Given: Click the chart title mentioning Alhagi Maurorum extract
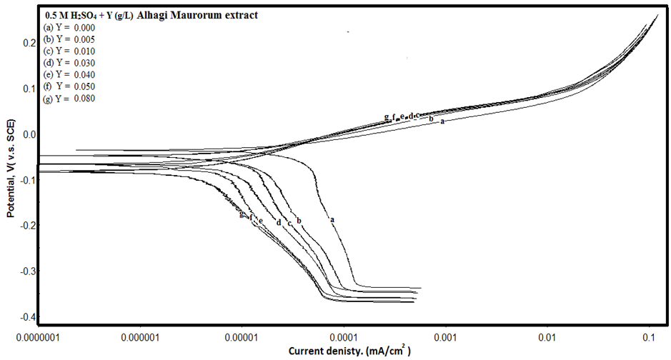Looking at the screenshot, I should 151,15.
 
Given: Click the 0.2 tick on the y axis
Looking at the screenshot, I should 28,43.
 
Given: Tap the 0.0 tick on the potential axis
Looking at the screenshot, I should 28,134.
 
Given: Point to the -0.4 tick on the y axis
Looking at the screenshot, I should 26,317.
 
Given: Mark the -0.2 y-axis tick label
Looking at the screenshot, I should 26,226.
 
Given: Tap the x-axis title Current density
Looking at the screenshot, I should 349,351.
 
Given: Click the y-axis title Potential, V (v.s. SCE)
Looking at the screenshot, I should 11,171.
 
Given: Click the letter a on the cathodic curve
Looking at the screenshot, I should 332,219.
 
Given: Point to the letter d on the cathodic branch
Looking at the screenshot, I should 278,223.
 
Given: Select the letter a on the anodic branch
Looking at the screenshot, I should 442,121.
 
